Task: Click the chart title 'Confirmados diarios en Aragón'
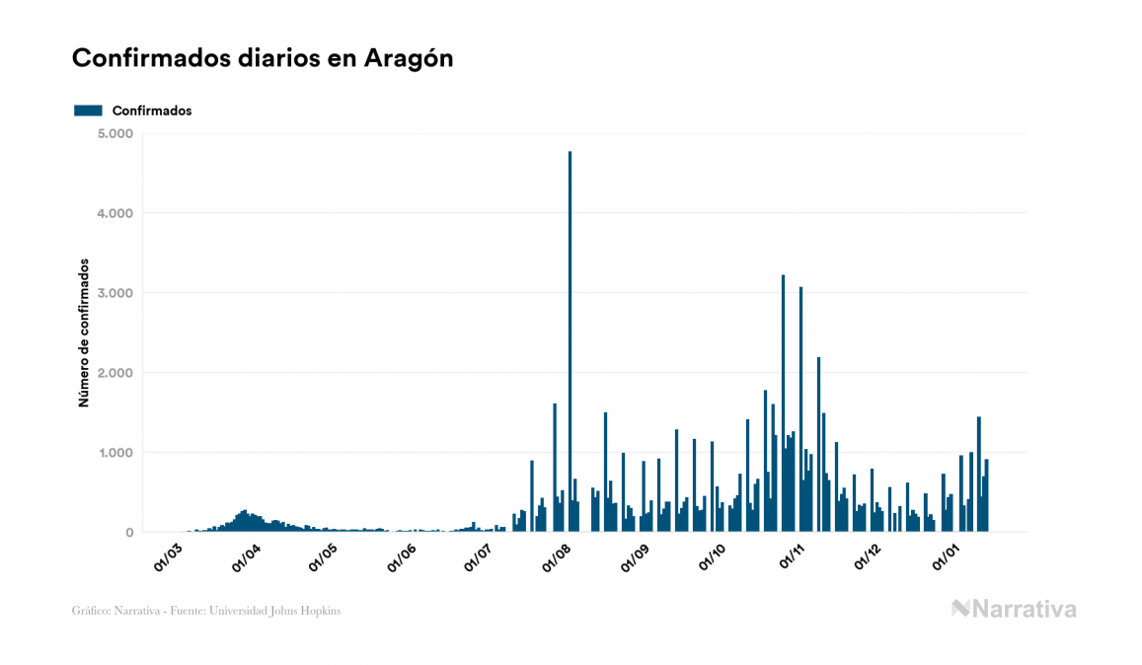[x=263, y=58]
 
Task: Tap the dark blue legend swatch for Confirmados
[x=88, y=111]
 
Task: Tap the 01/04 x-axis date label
[x=246, y=556]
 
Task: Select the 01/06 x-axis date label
[x=401, y=556]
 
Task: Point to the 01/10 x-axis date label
[x=712, y=556]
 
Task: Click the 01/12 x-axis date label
[x=868, y=556]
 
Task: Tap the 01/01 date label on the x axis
[x=946, y=556]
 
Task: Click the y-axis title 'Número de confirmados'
[x=85, y=333]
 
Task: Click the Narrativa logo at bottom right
[x=1014, y=609]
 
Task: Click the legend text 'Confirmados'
[x=152, y=111]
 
